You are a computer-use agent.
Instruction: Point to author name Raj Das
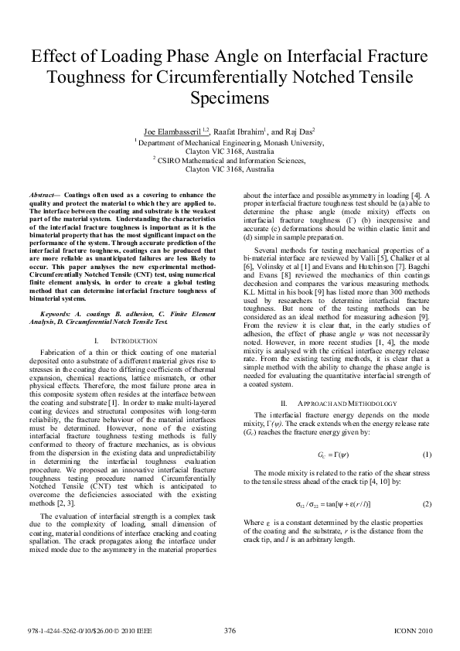[297, 133]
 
